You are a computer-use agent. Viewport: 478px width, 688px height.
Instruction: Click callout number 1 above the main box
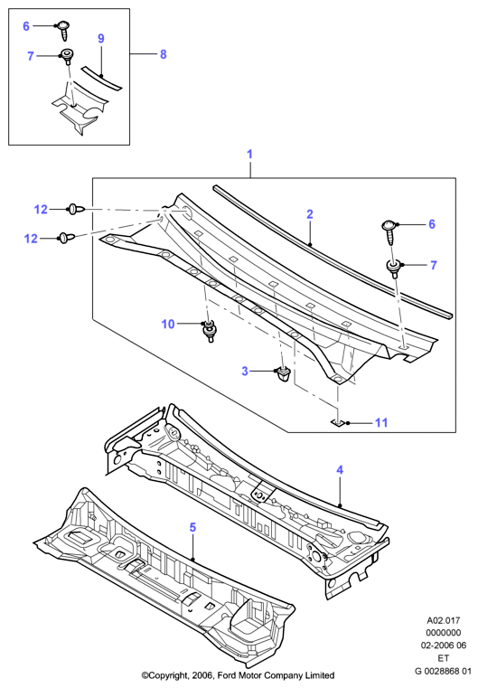(250, 154)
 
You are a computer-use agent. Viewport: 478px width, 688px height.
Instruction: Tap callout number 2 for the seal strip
(310, 214)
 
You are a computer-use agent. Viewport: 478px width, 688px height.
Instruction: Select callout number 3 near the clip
(245, 372)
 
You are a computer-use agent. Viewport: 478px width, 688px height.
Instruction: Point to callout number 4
(340, 470)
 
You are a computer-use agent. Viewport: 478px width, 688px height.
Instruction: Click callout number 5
(193, 527)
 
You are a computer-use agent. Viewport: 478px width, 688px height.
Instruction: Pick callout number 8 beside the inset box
(164, 54)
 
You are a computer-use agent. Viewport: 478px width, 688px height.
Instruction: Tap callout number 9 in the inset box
(101, 39)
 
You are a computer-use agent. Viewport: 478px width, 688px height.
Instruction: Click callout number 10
(168, 324)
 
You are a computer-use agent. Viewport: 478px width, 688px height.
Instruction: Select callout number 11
(381, 422)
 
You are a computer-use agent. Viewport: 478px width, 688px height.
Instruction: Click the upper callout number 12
(41, 210)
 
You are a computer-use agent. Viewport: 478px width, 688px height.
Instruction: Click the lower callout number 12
(31, 239)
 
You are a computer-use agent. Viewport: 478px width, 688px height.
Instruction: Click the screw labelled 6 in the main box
(389, 230)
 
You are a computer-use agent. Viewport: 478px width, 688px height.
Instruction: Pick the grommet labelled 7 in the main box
(394, 269)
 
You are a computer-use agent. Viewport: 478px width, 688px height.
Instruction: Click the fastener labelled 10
(210, 330)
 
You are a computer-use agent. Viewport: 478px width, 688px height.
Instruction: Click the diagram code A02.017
(444, 620)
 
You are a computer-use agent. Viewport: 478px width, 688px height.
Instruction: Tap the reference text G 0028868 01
(443, 671)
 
